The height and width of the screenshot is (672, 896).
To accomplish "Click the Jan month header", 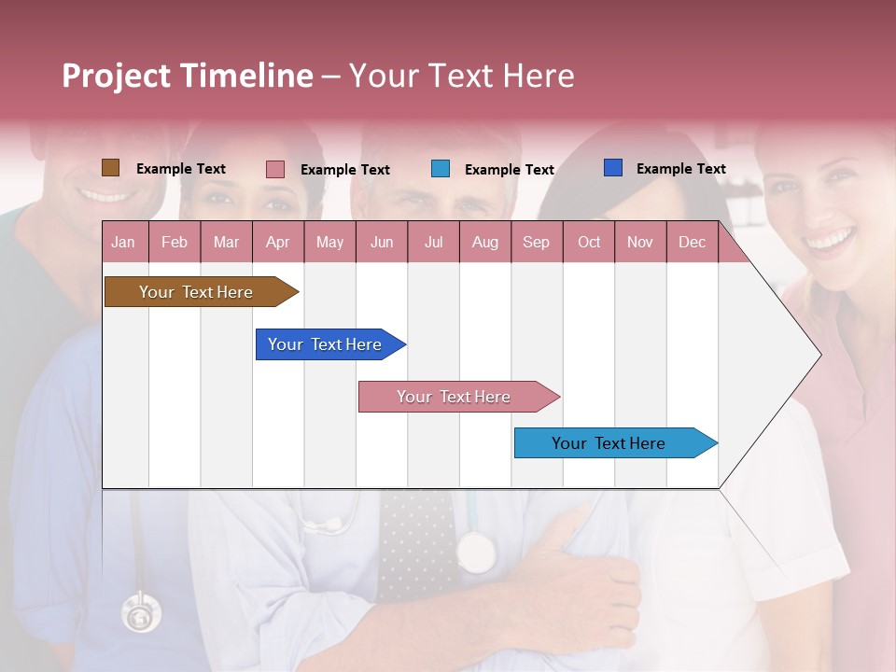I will (x=123, y=243).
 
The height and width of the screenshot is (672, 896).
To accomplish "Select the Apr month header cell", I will (x=278, y=243).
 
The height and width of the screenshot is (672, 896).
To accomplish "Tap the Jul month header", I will (x=433, y=243).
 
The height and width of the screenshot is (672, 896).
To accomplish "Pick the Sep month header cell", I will (x=536, y=243).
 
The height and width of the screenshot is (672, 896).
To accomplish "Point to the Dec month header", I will (x=692, y=243).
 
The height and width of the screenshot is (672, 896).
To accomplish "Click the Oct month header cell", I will (x=589, y=243).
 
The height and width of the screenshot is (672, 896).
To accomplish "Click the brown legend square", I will (x=110, y=168).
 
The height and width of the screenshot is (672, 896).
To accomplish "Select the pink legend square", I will (x=275, y=169).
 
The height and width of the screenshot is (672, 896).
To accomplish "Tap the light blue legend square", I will (x=441, y=169).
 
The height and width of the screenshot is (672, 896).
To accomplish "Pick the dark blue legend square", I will (x=613, y=168).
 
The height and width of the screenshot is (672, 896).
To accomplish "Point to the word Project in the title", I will (x=117, y=76).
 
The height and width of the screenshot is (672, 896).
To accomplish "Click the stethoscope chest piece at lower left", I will (x=140, y=614).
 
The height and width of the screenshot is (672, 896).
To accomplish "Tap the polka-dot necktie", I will (x=417, y=541).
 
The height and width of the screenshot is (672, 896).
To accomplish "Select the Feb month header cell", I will (x=175, y=243).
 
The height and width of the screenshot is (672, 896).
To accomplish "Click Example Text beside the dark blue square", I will (x=680, y=169).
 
